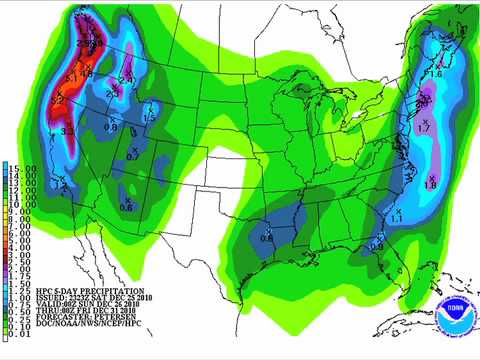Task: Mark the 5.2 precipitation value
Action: coord(58,101)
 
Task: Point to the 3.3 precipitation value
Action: coord(69,131)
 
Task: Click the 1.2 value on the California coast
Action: coord(62,185)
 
